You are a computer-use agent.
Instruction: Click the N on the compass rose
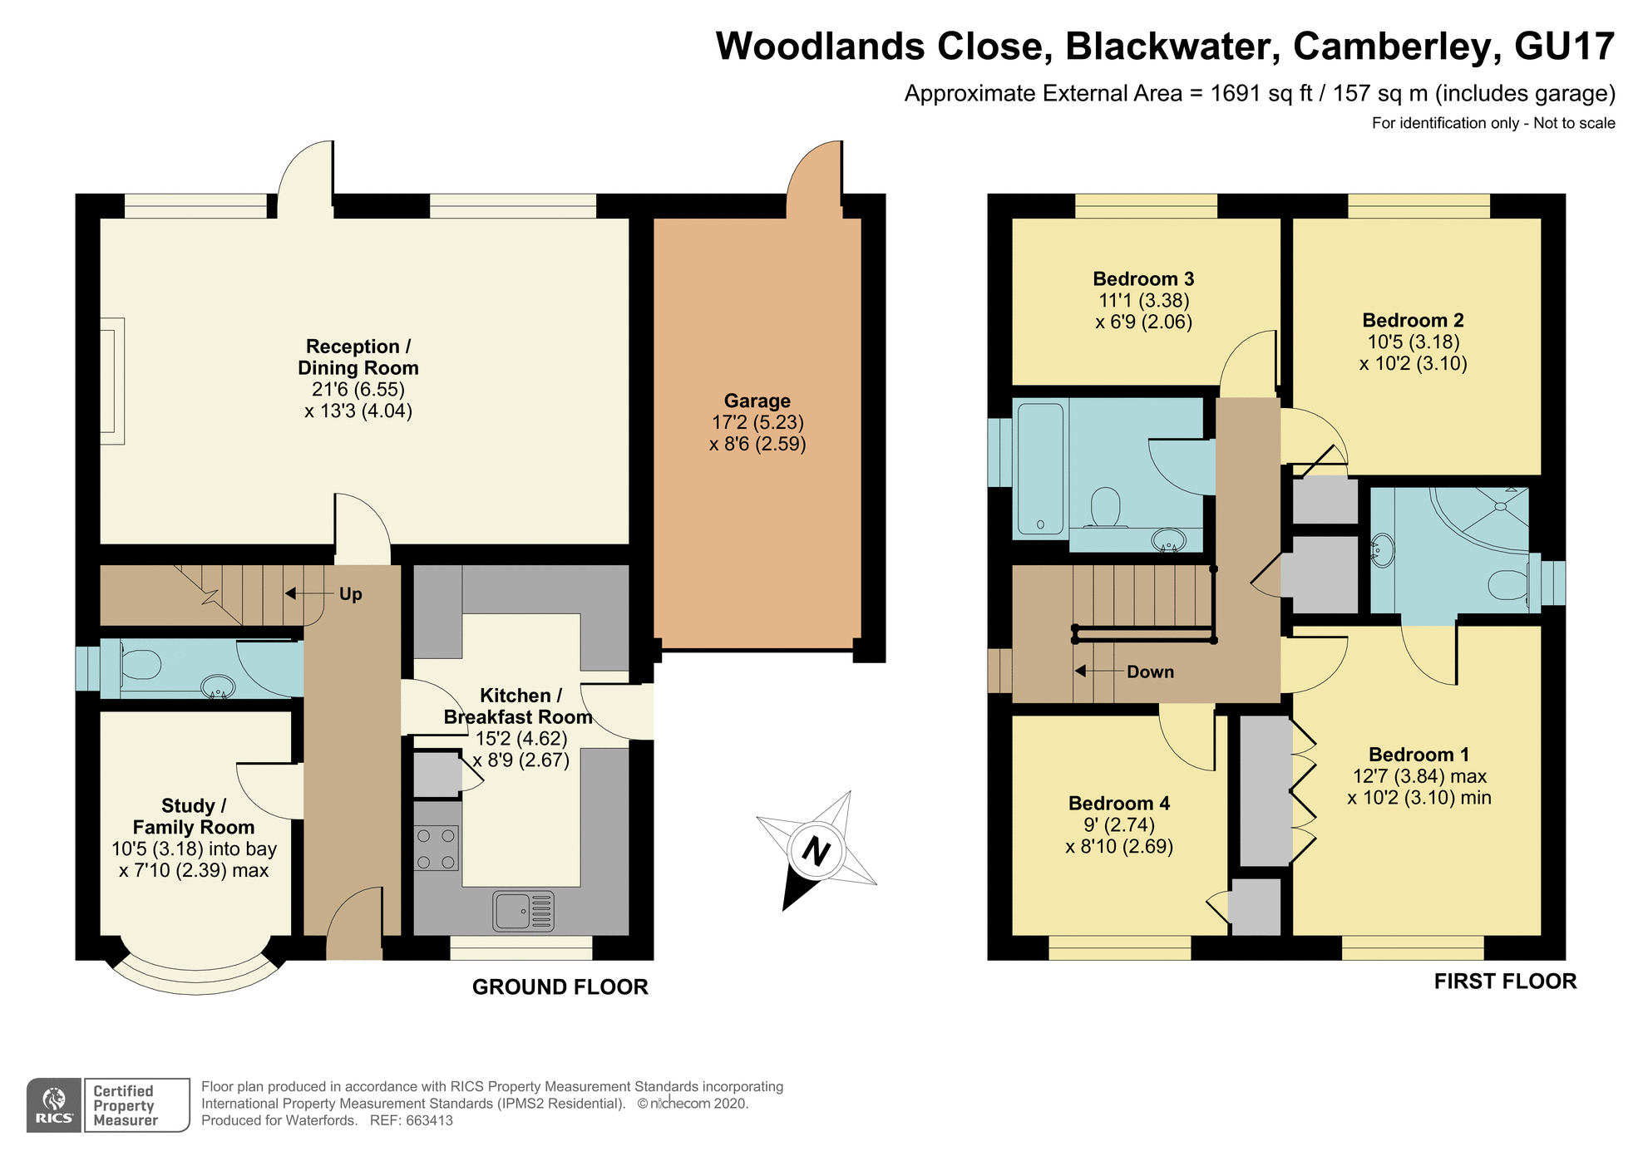817,852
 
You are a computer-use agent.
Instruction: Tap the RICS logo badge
54,1105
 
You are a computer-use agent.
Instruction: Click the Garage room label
757,401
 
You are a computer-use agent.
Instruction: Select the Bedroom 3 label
1143,279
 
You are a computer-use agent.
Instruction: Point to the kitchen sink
524,911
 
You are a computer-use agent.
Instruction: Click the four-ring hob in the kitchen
437,849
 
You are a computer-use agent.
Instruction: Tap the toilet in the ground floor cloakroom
141,665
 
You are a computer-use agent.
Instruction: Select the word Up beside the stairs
351,594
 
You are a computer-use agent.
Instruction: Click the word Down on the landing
1150,672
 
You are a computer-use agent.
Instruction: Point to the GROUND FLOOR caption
560,987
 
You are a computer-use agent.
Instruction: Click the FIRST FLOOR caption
1505,981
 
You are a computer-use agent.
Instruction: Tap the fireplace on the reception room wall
111,381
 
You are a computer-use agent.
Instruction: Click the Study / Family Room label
194,817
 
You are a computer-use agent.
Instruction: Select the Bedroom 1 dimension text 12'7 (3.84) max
1419,776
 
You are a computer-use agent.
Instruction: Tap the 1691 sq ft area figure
1261,94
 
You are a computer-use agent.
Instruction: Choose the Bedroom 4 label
1118,804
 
